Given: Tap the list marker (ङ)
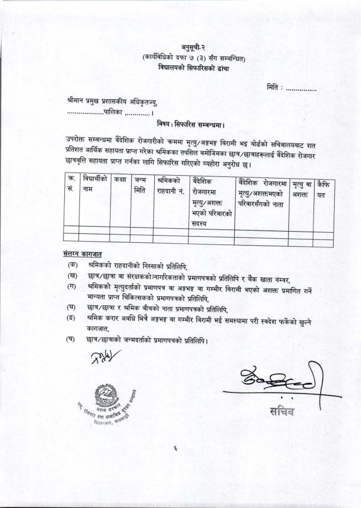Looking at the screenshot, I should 72,319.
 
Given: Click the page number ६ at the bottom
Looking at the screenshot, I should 175,454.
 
